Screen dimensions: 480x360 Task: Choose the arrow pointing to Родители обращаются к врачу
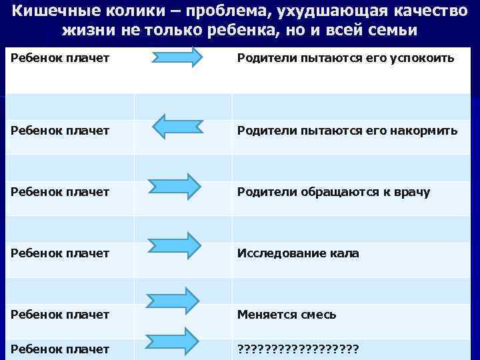click(175, 186)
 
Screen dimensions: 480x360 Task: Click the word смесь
click(317, 314)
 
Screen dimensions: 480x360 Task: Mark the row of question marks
click(299, 348)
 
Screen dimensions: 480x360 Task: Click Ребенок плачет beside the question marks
click(60, 348)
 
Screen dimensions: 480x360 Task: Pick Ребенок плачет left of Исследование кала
click(60, 253)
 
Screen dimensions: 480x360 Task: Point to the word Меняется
click(265, 314)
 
